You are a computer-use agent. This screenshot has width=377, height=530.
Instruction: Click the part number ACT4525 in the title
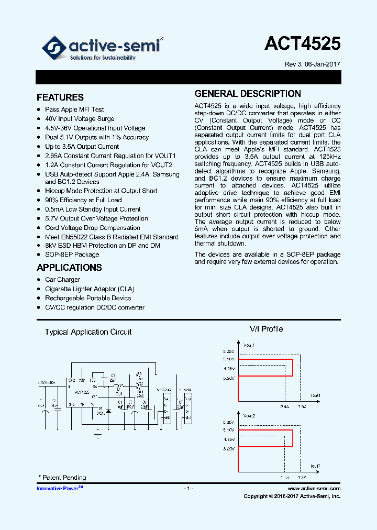point(302,43)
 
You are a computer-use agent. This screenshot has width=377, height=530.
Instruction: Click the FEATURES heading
point(60,97)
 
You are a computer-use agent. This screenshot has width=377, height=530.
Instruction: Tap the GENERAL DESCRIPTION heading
point(248,94)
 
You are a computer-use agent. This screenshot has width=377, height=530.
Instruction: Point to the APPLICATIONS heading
point(69,268)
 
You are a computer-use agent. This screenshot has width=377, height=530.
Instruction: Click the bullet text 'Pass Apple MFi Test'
point(74,109)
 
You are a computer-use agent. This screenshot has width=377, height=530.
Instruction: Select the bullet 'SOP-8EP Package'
point(72,255)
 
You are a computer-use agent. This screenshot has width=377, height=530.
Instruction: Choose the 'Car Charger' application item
point(62,280)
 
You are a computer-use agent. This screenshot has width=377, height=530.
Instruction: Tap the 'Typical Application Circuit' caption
point(88,332)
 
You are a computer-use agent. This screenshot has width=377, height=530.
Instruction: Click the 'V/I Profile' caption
point(266,329)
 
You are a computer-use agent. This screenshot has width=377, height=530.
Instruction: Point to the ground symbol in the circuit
point(97,434)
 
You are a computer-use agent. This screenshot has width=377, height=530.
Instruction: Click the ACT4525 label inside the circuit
point(82,392)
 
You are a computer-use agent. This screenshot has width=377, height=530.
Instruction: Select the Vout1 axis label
point(249,345)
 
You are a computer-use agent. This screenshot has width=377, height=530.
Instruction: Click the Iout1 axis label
point(315,395)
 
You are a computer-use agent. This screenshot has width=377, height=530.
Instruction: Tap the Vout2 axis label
point(249,415)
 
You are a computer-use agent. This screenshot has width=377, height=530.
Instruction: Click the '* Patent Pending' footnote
point(62,478)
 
